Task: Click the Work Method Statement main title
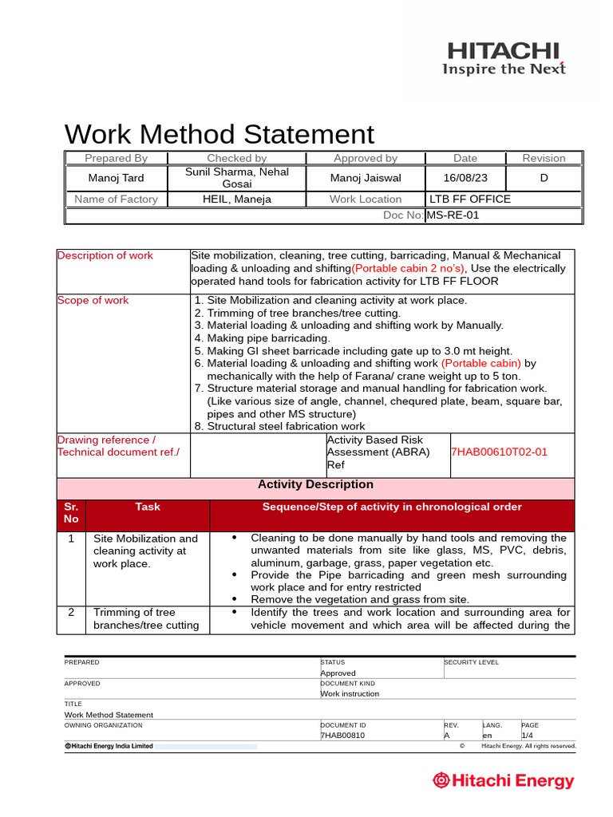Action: [219, 134]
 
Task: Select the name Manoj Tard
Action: [116, 178]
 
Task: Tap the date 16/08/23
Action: [465, 178]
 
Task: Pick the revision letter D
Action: [544, 178]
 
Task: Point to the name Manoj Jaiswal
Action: [366, 178]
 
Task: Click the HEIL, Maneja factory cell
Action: [237, 199]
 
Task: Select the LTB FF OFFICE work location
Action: [470, 199]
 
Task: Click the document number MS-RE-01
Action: [453, 215]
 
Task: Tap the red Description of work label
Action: [105, 255]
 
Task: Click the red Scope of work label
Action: [93, 300]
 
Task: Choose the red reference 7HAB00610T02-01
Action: [500, 452]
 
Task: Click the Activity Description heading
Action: [315, 484]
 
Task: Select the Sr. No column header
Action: [71, 513]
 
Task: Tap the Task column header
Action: [148, 507]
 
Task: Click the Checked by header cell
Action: [237, 158]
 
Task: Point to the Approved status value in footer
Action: [338, 673]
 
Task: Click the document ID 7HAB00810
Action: [342, 735]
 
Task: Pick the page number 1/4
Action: [528, 735]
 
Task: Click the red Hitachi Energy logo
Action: [504, 780]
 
